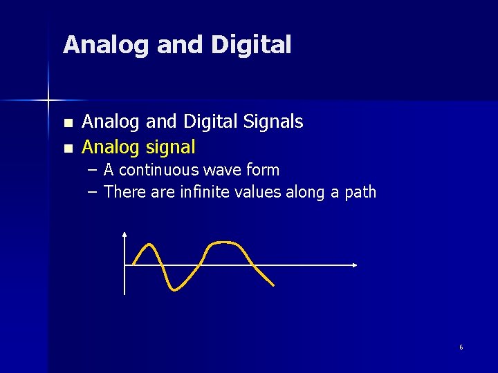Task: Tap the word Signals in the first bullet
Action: tap(274, 122)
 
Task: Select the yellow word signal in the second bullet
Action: tap(170, 147)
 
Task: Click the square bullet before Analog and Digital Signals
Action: tap(67, 124)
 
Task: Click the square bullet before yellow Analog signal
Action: tap(67, 149)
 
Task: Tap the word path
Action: tap(359, 192)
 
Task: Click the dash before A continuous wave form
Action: tap(93, 171)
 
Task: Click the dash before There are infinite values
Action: tap(93, 193)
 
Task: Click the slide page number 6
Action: tap(461, 347)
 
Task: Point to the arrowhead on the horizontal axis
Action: tap(355, 265)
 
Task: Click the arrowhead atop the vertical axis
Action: tap(124, 234)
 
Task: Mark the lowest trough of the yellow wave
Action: tap(174, 289)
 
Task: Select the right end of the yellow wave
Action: tap(273, 285)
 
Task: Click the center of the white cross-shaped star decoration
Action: tap(48, 101)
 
